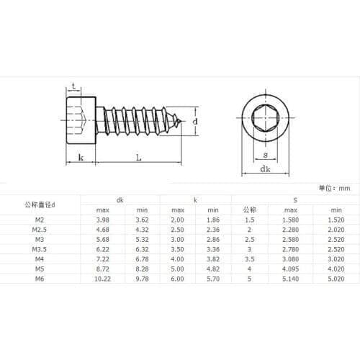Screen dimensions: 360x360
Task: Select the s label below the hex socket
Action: (x=265, y=155)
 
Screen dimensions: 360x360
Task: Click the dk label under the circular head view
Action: (x=265, y=171)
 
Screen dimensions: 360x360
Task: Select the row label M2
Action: (x=40, y=220)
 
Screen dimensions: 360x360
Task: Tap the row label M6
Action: (x=40, y=276)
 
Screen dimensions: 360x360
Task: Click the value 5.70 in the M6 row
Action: (x=213, y=276)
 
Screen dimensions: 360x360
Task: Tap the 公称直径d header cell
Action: (x=40, y=204)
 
